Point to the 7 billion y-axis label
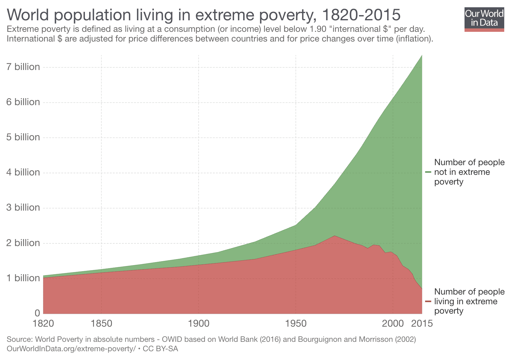tap(23, 67)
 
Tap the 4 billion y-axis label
tap(23, 172)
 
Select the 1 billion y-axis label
tap(23, 278)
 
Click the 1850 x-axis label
tap(101, 323)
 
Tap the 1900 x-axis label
tap(199, 323)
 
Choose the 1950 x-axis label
tap(296, 323)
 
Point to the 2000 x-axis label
tap(393, 323)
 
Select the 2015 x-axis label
tap(422, 323)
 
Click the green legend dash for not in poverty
tap(428, 172)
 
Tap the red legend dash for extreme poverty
tap(428, 301)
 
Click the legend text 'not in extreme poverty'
tap(469, 172)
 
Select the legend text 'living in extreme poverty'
tap(469, 301)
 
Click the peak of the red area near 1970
tap(334, 236)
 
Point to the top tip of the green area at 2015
tap(422, 55)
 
